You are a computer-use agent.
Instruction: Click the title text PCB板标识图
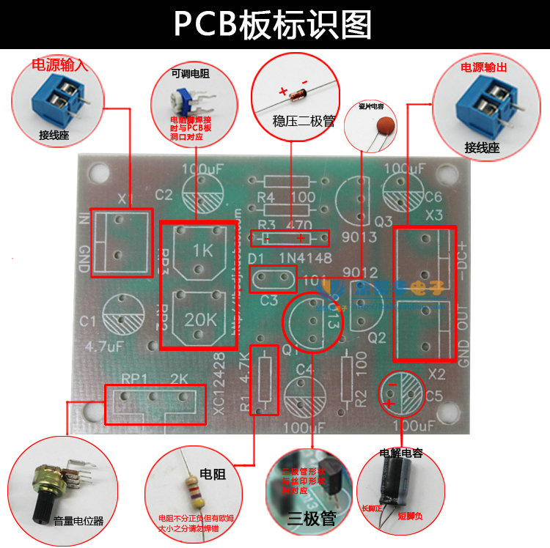tap(273, 25)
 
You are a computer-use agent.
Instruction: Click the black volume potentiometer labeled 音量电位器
tap(45, 489)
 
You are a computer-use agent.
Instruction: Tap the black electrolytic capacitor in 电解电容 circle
tap(389, 488)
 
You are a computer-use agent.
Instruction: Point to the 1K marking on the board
tap(202, 249)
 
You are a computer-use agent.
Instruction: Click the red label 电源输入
tap(59, 64)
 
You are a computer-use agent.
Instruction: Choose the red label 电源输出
tap(484, 67)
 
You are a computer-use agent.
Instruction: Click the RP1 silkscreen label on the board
tap(134, 379)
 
